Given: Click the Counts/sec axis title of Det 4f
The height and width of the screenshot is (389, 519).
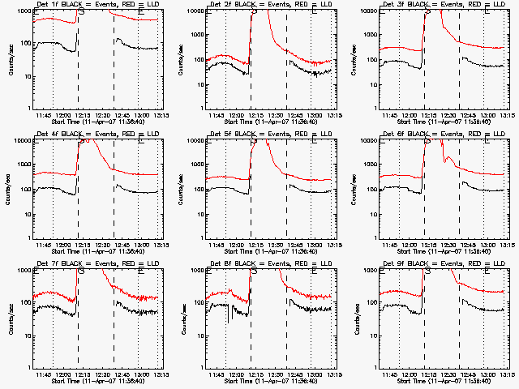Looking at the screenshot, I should click(10, 188).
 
